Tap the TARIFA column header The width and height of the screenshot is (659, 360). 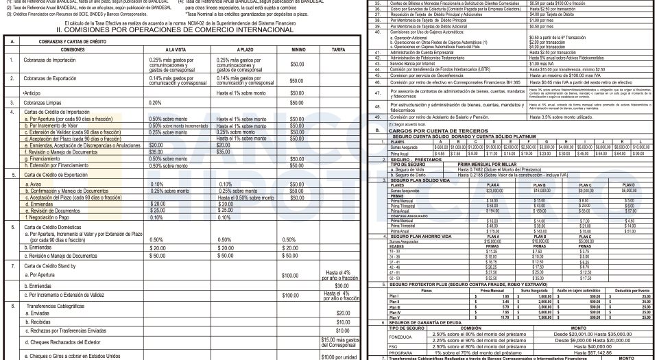pyautogui.click(x=337, y=50)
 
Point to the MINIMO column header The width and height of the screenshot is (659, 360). pyautogui.click(x=297, y=50)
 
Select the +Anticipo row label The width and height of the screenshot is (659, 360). pyautogui.click(x=32, y=93)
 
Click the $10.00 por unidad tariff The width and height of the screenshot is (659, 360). pyautogui.click(x=337, y=356)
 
